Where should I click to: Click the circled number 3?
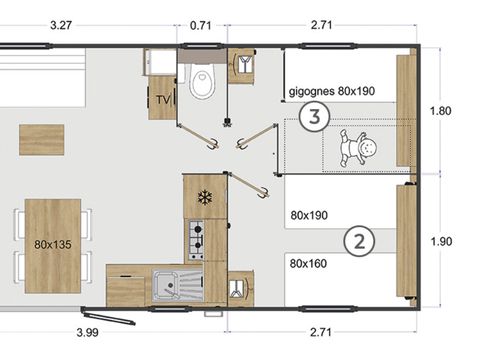coord(314,117)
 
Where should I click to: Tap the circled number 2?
coord(358,240)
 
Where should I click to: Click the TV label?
coord(162,100)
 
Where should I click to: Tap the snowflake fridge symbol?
coord(206,197)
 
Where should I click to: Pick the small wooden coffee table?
coord(41,139)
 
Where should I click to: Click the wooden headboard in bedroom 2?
coord(406,241)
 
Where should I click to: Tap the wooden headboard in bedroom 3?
coord(405,110)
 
